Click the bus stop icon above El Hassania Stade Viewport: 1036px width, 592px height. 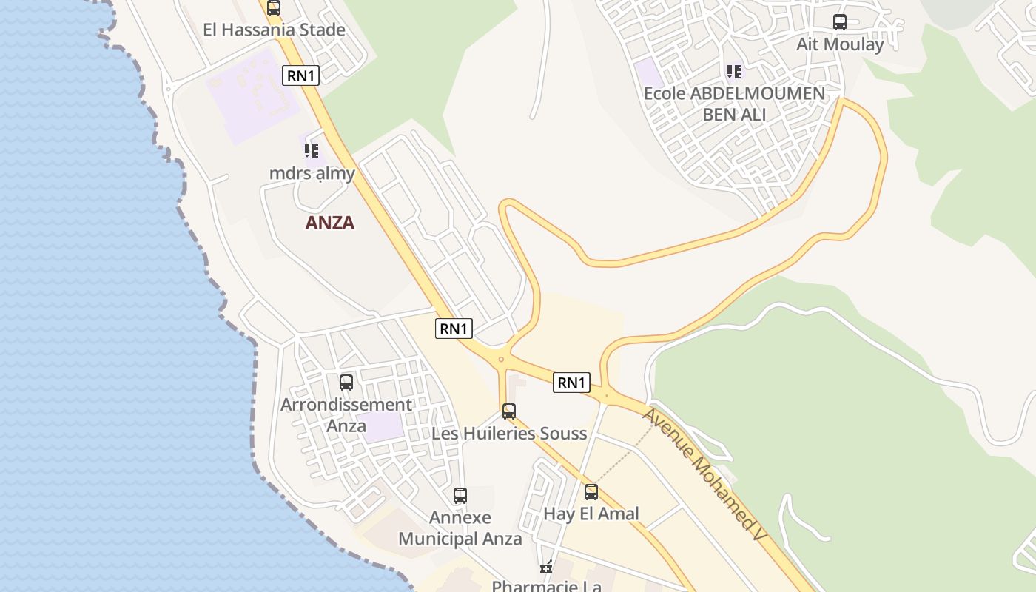[274, 8]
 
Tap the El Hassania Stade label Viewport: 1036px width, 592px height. [275, 30]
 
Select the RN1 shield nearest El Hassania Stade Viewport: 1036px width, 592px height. [300, 75]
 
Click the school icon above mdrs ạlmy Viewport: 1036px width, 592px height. [312, 151]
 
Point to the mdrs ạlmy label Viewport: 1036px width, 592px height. [312, 174]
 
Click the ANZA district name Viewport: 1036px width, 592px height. [330, 223]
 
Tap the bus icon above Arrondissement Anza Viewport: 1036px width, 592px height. [346, 383]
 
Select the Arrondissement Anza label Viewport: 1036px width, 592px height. [346, 415]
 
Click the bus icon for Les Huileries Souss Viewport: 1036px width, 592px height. [509, 411]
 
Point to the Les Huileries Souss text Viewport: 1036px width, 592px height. [509, 434]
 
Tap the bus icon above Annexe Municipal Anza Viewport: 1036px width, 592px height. [460, 496]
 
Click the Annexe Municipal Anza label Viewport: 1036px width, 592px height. [460, 528]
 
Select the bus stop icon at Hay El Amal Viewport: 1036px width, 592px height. [591, 492]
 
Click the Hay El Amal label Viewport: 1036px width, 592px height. [591, 514]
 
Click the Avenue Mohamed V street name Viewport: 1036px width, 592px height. [702, 474]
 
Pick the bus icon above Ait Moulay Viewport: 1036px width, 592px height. [840, 22]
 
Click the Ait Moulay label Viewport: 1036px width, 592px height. [840, 44]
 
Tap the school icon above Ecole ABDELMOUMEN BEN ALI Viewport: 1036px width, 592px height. [734, 72]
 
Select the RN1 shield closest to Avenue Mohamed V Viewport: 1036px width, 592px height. [571, 383]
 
